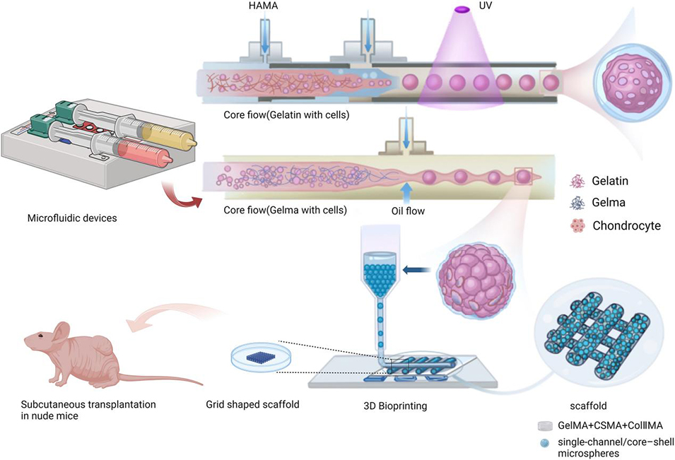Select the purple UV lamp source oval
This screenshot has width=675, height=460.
(x=463, y=9)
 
